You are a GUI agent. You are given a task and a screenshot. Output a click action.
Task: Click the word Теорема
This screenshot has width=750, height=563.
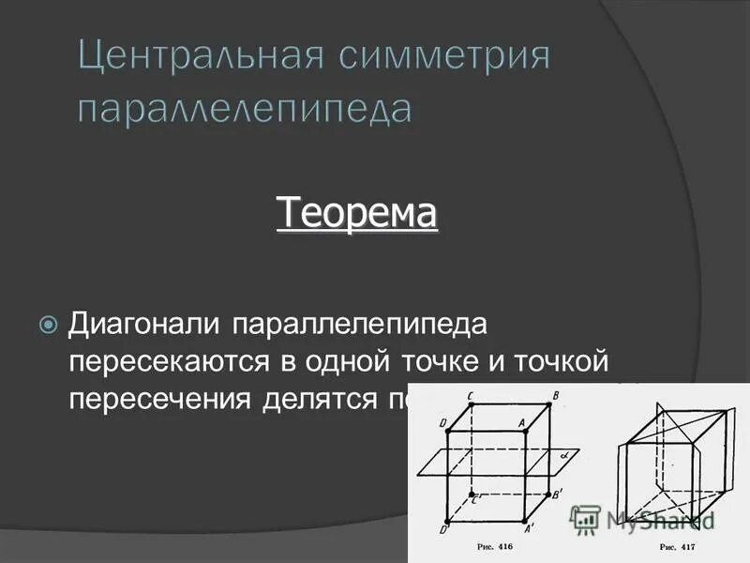tap(356, 213)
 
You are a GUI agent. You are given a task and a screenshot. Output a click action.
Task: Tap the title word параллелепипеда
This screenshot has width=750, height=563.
tap(244, 109)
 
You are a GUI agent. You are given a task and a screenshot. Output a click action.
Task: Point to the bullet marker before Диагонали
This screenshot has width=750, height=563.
tap(48, 325)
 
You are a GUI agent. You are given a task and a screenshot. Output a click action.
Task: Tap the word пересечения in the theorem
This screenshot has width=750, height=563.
tap(159, 398)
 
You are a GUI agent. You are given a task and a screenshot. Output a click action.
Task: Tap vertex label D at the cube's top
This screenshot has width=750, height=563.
tap(442, 424)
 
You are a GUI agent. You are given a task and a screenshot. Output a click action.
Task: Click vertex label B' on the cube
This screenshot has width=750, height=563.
tap(559, 494)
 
